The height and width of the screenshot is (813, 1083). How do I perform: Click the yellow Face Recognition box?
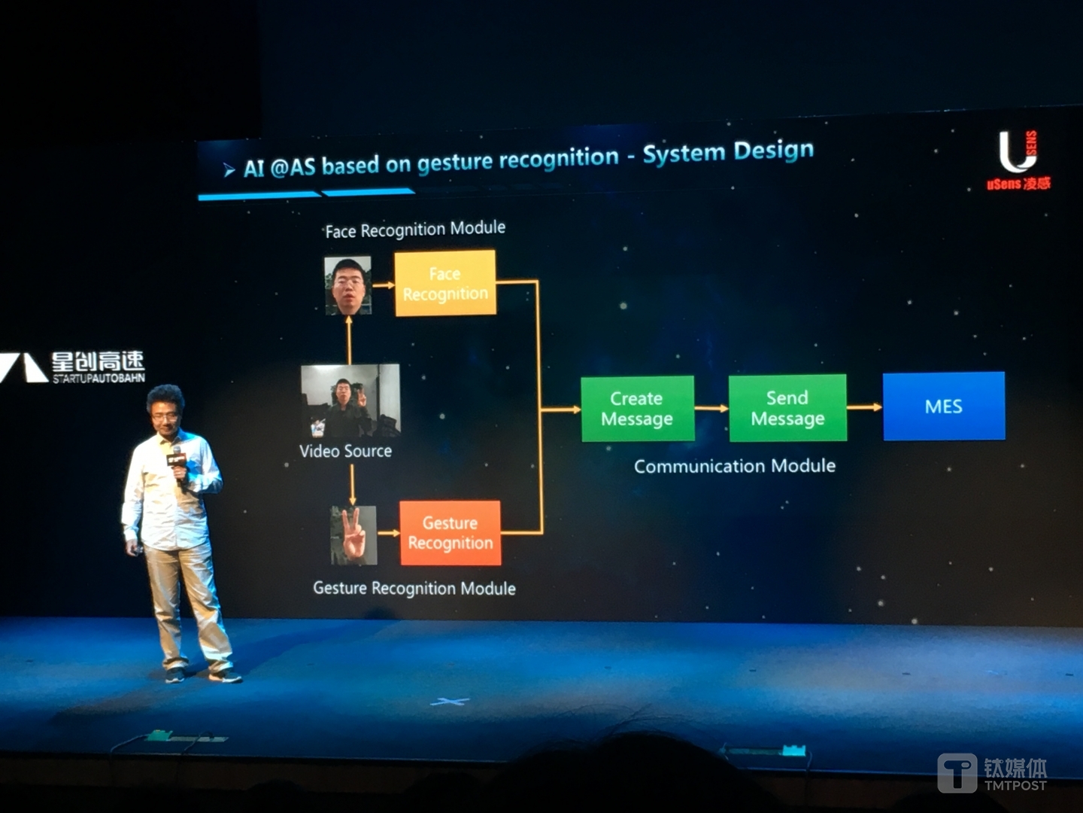pos(445,283)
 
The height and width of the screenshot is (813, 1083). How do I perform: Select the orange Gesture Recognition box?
pos(450,533)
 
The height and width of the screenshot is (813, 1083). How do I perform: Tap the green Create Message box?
pos(638,408)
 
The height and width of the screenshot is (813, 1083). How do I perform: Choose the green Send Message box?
pos(787,408)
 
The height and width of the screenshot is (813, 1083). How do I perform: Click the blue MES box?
pos(944,406)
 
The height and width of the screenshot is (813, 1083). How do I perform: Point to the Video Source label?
pos(345,451)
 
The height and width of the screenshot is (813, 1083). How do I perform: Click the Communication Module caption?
pos(735,466)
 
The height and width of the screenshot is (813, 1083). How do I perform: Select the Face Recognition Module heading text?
pos(415,230)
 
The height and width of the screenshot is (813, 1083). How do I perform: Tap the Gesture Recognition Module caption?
pos(414,589)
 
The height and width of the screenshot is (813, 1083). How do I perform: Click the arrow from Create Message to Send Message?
pos(711,408)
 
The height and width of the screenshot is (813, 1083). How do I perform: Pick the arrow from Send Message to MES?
pos(865,407)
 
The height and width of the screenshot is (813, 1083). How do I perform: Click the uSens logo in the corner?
pos(1018,160)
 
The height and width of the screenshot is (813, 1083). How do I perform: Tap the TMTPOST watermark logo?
pos(992,773)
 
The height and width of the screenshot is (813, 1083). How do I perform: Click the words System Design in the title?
pos(728,152)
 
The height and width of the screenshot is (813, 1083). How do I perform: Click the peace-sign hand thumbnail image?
pos(353,535)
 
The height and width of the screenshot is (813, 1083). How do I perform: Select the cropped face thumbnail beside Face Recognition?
pos(348,285)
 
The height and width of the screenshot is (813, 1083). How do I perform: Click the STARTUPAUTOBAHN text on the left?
pos(99,378)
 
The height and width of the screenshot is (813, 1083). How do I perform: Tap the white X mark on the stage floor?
pos(450,702)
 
